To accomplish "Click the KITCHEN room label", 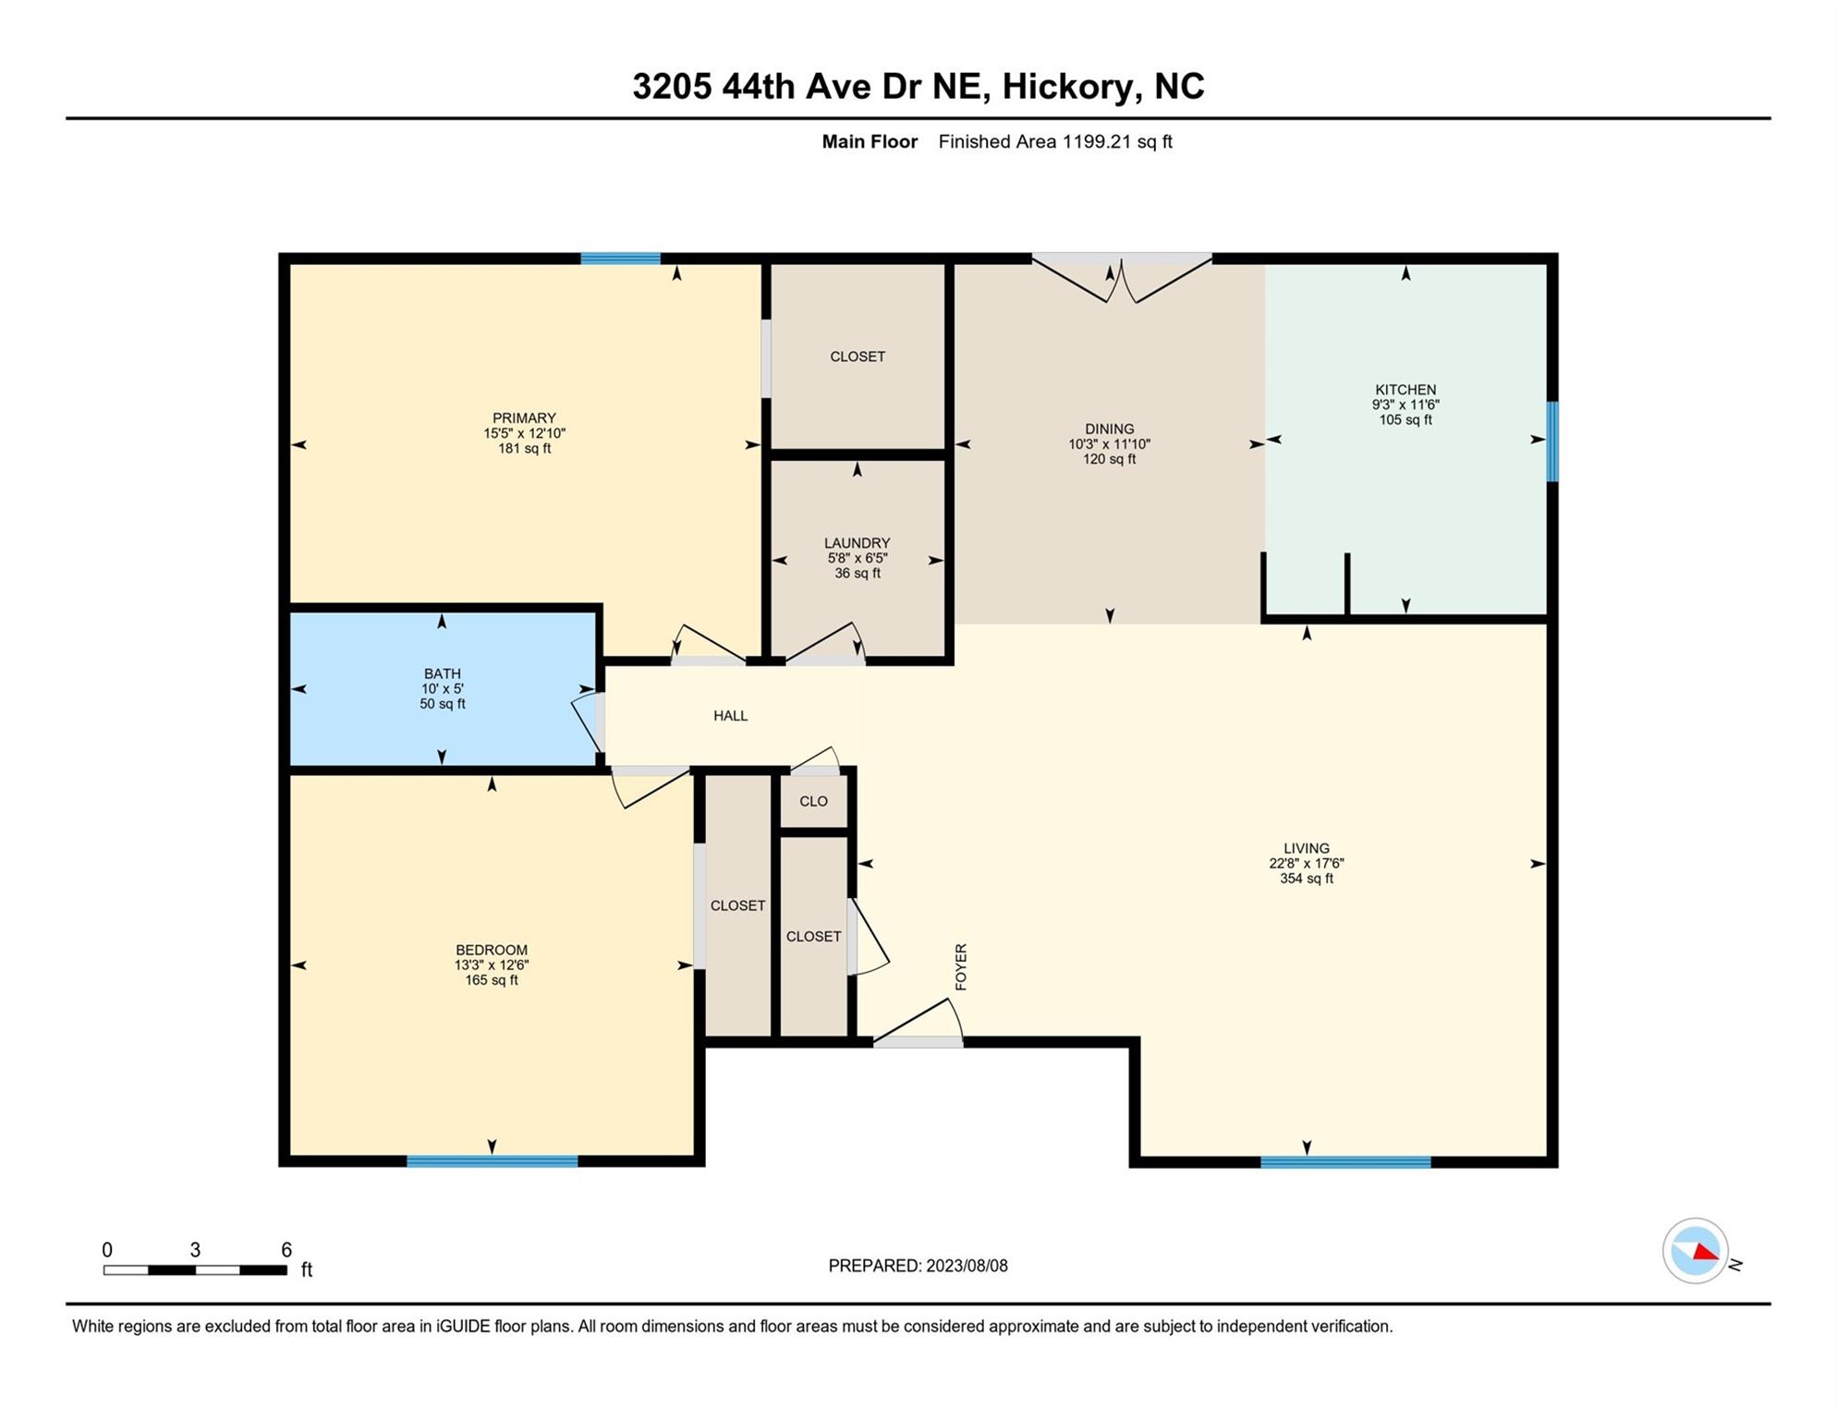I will [1405, 390].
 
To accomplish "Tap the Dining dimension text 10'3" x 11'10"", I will [1109, 444].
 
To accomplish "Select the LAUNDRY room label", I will [857, 543].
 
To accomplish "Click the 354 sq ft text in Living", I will [1306, 879].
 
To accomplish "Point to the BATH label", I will [442, 674].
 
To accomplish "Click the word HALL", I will [730, 716].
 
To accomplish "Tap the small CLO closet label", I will [813, 802].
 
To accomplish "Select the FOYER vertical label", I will [961, 966].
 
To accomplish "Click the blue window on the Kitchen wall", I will [1552, 442].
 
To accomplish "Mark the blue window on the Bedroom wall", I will [492, 1161].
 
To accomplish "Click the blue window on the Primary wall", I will [620, 259].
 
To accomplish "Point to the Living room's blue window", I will [1344, 1162].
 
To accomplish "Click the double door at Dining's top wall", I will [1121, 277].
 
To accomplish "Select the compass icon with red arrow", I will [1695, 1251].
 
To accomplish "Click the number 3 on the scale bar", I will [195, 1250].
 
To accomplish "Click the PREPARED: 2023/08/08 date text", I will [918, 1266].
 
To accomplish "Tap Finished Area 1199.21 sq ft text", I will [1054, 142].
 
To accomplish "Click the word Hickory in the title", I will [1066, 87].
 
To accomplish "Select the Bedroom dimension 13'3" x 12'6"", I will [491, 965].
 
